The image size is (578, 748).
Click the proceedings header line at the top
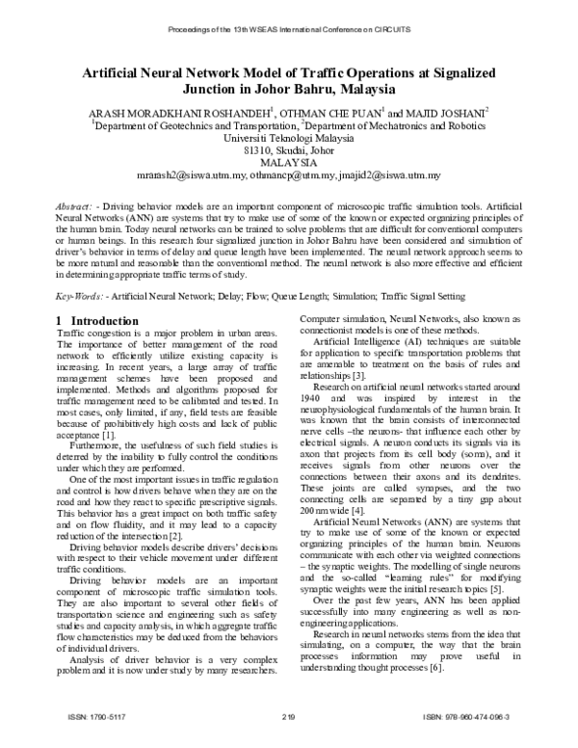[289, 29]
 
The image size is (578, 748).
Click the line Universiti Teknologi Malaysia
[288, 138]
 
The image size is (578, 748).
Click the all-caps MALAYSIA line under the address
[288, 163]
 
